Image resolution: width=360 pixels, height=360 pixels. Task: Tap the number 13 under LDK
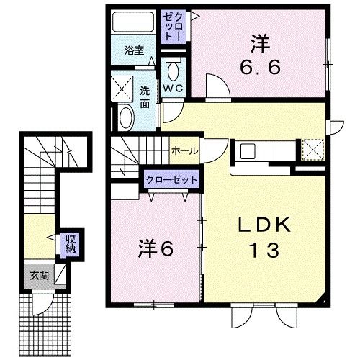point(264,251)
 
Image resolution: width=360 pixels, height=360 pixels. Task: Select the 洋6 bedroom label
point(156,249)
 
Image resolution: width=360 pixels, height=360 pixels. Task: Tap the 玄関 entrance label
point(38,274)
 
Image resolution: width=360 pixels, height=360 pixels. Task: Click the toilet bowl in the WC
point(173,70)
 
